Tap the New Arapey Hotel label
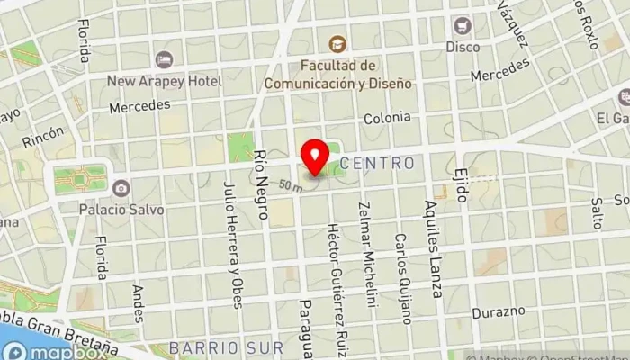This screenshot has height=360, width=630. point(164,81)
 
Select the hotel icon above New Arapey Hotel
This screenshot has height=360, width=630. point(163,60)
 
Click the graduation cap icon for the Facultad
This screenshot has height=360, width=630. point(337,43)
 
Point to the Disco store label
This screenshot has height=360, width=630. point(463,46)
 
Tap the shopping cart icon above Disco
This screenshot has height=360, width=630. point(463,25)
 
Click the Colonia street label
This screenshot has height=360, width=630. point(387,117)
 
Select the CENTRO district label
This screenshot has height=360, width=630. point(378,164)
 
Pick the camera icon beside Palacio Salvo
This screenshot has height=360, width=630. point(121,188)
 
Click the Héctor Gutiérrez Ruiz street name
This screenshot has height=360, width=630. point(335,275)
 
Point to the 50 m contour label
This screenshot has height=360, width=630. point(290,185)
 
